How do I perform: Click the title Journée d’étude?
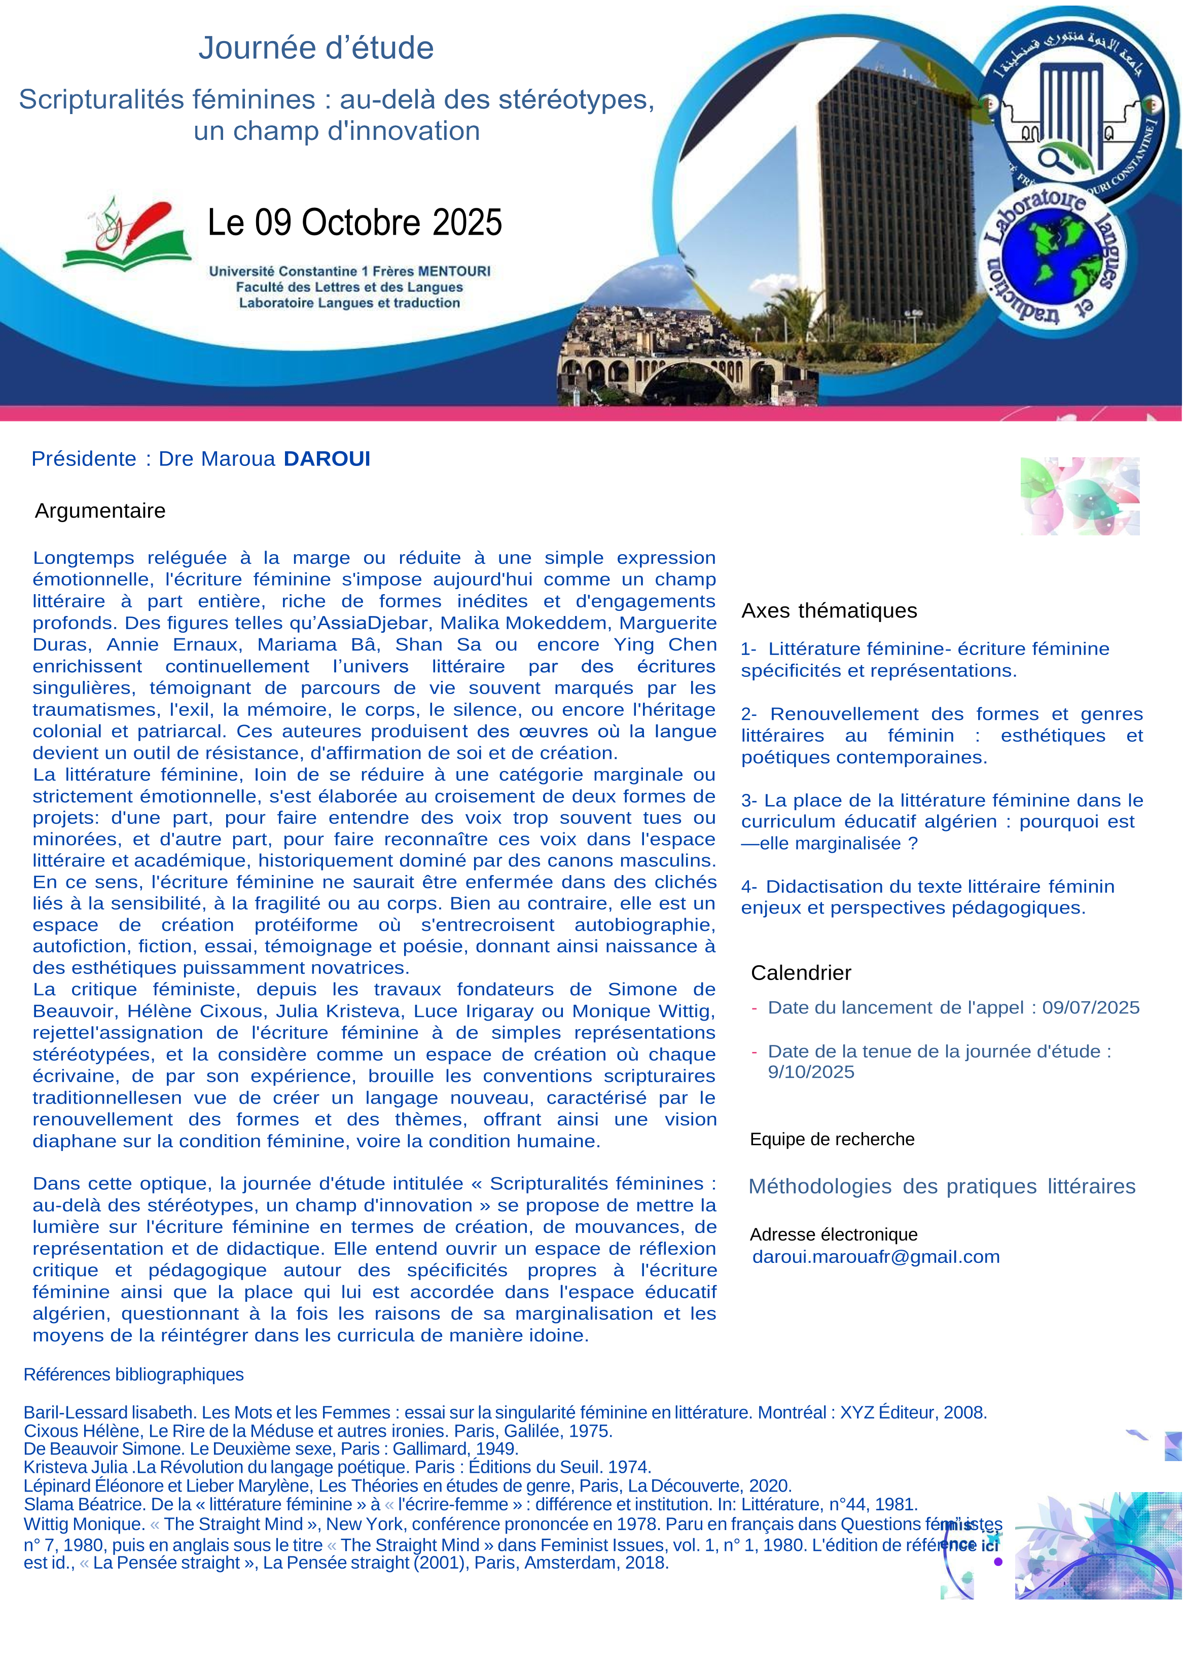(x=316, y=48)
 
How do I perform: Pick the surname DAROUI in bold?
(x=327, y=459)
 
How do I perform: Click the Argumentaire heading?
(x=100, y=511)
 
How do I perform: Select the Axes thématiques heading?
(x=829, y=610)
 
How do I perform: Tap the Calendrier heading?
(x=801, y=973)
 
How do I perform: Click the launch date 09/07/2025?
(x=1091, y=1007)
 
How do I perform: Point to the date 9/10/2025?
(x=811, y=1071)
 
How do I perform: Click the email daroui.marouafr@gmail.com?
(x=876, y=1256)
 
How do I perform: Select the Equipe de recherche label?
(x=832, y=1139)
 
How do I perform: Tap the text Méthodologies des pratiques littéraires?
(x=942, y=1186)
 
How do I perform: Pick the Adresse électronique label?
(x=833, y=1234)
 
